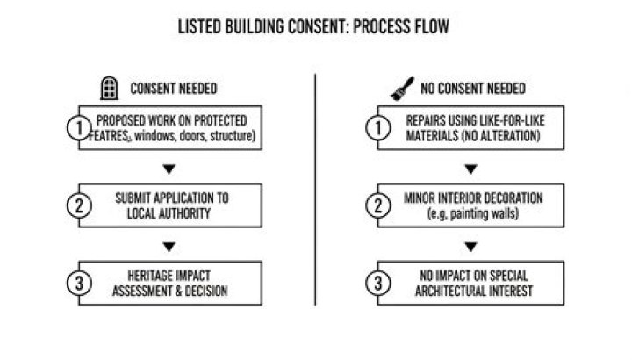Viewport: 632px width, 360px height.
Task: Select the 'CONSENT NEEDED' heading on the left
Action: (x=174, y=89)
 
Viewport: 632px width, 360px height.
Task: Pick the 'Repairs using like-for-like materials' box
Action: (x=471, y=129)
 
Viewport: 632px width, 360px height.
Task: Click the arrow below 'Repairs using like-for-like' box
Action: (x=471, y=167)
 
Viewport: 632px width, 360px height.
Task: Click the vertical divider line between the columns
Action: (x=316, y=193)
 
